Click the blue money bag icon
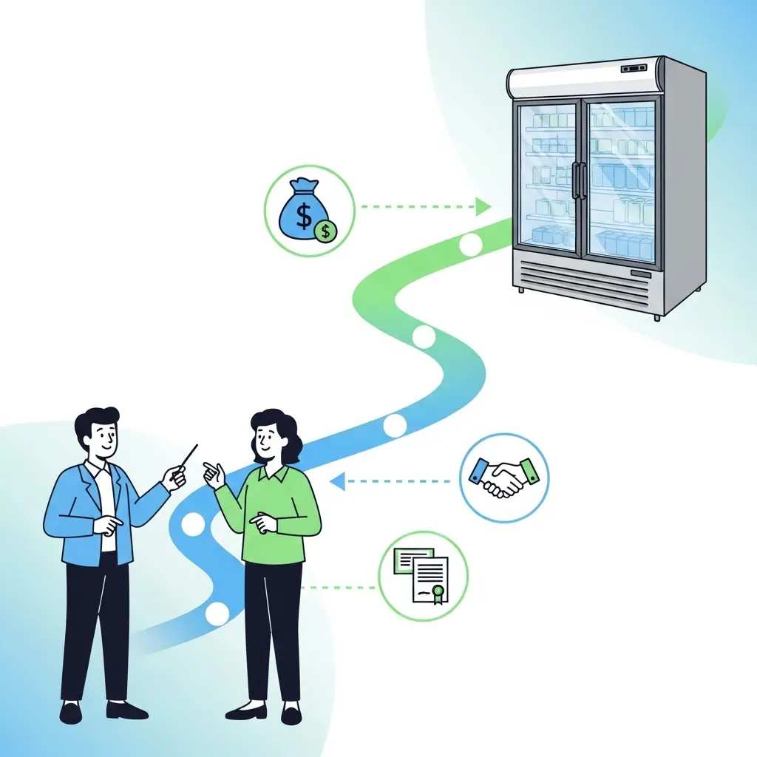[x=302, y=209]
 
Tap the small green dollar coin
[x=325, y=231]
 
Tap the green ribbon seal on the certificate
[x=438, y=593]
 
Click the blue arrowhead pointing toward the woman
[x=337, y=482]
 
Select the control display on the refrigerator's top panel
[x=635, y=69]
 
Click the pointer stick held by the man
[x=185, y=463]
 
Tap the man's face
[x=99, y=441]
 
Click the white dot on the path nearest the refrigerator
[x=471, y=244]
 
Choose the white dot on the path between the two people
[x=193, y=524]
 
